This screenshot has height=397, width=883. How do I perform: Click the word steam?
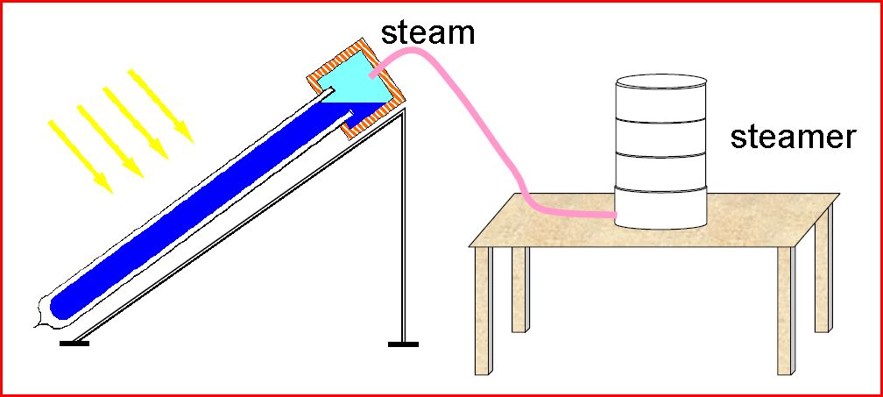427,32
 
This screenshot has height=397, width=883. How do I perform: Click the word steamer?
792,137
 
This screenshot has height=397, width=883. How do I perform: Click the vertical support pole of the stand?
402,228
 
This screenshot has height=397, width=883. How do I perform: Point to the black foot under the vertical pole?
403,344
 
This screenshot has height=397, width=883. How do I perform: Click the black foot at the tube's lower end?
74,342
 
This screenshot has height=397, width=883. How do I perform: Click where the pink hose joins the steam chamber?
373,75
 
